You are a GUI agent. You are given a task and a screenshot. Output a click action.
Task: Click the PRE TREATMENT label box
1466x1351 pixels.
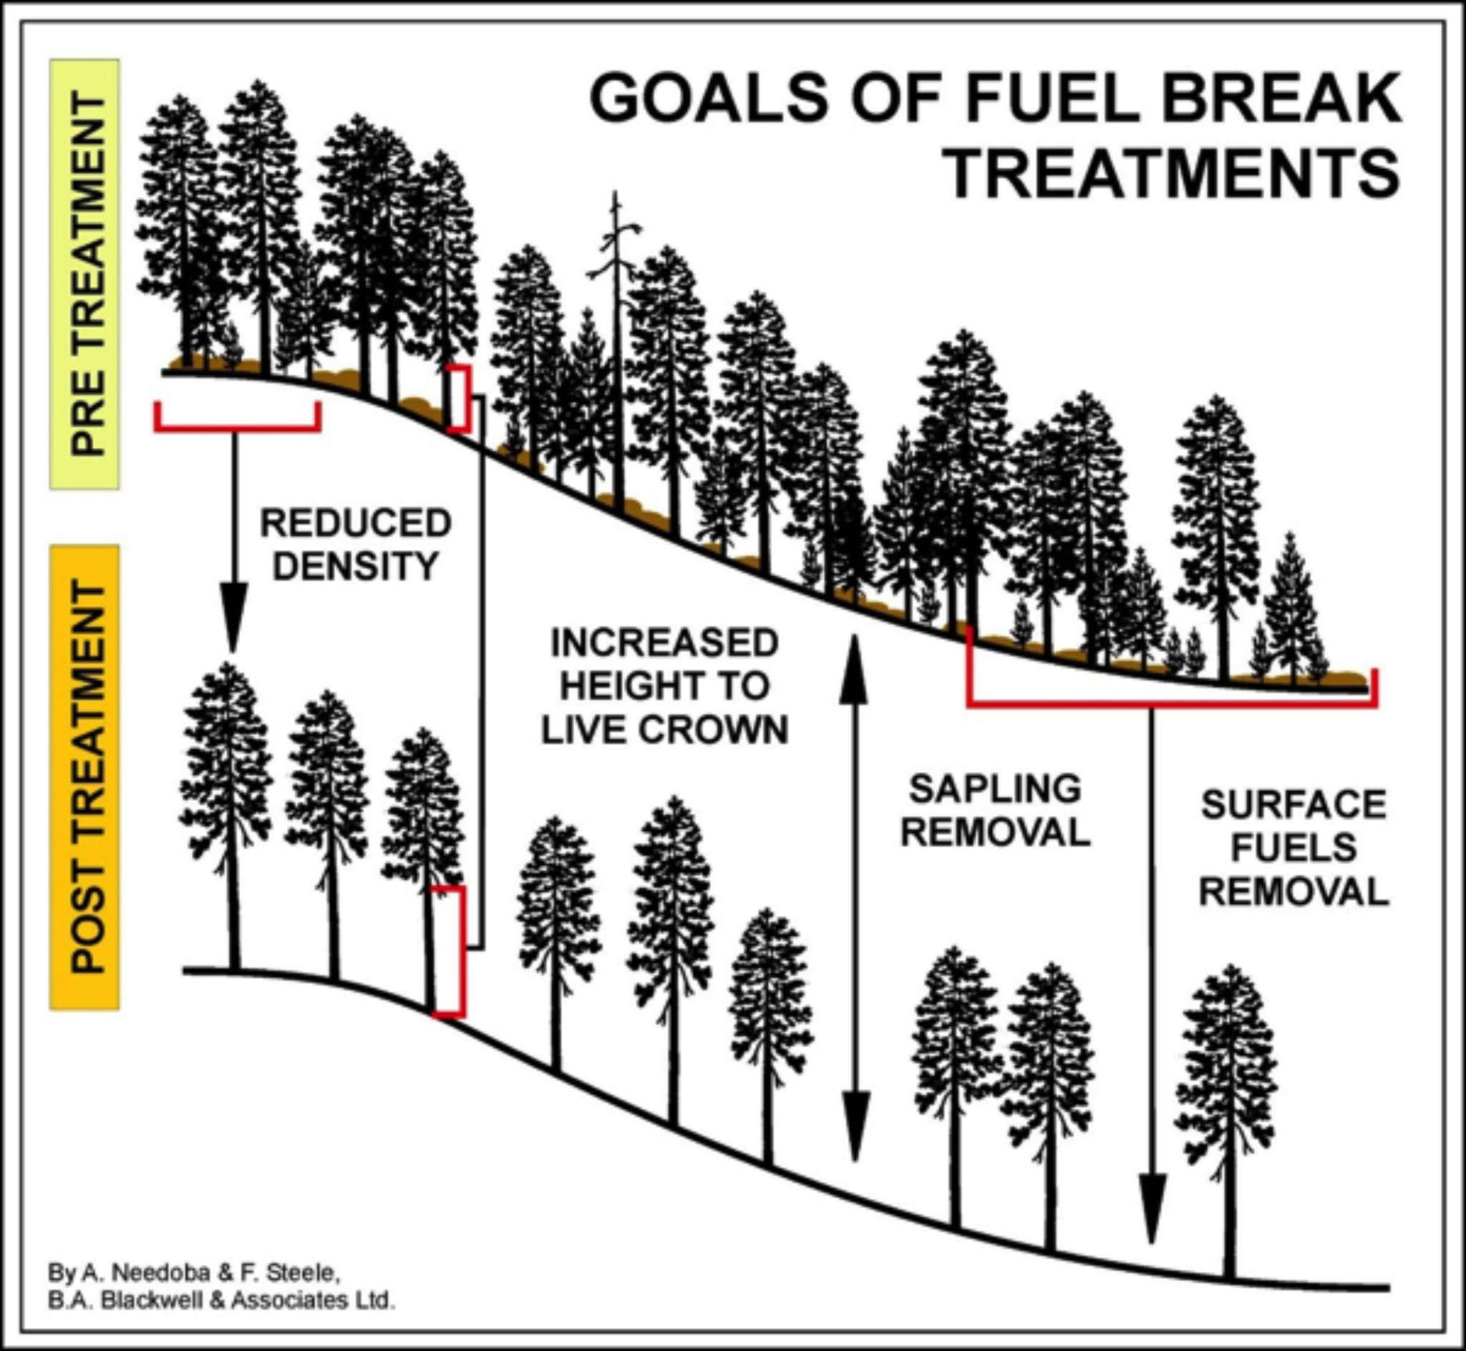click(x=84, y=274)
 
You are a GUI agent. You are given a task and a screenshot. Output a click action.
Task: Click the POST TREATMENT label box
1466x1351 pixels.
click(x=84, y=778)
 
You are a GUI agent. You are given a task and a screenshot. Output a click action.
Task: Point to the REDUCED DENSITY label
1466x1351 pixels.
click(x=356, y=545)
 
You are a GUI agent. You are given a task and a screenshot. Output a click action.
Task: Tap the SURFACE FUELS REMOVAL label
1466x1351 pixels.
click(x=1293, y=848)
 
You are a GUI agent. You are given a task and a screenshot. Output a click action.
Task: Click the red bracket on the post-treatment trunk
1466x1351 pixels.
click(x=453, y=950)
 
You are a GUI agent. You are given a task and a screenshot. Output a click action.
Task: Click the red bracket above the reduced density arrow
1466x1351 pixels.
click(x=237, y=426)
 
